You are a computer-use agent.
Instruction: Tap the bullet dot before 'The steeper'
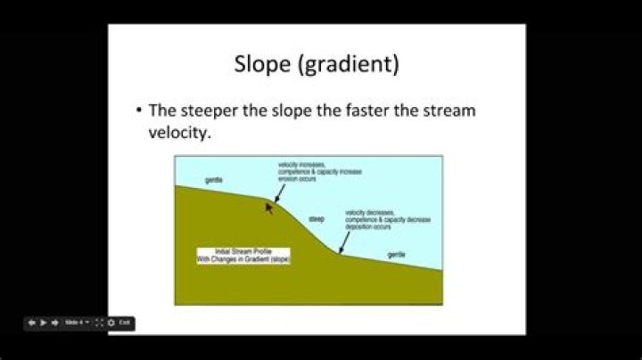click(x=139, y=111)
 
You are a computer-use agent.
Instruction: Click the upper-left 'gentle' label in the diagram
click(x=213, y=180)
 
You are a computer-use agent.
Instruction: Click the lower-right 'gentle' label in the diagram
click(x=397, y=255)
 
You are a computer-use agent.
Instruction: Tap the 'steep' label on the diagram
click(x=317, y=218)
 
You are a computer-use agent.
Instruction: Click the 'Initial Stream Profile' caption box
click(x=243, y=255)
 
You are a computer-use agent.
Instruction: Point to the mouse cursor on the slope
click(x=268, y=208)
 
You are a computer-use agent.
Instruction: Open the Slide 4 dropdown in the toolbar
click(x=77, y=322)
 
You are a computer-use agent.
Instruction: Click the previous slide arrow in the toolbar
click(x=32, y=322)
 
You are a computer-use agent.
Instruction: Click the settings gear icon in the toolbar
click(x=111, y=322)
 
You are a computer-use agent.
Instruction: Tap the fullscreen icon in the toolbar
click(x=99, y=322)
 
